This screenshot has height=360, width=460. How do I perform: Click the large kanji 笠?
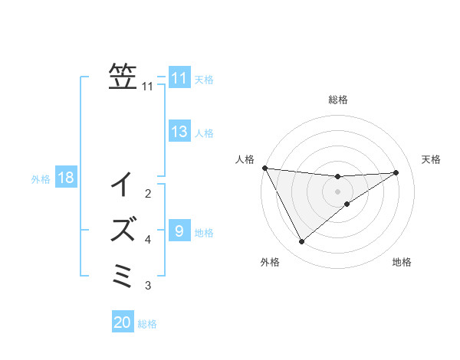tap(123, 77)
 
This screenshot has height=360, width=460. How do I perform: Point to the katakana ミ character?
tap(123, 274)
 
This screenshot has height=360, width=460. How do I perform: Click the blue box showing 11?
tap(179, 78)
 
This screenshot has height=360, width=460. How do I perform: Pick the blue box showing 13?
tap(179, 132)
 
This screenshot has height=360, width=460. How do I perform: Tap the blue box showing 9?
tap(179, 231)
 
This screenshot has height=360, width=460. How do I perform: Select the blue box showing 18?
tap(66, 178)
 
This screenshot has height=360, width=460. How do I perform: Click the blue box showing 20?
tap(123, 322)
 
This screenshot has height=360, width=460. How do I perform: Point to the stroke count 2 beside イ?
tap(148, 193)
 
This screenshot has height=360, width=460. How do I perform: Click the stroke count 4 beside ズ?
tap(148, 240)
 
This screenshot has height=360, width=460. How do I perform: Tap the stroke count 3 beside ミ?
tap(148, 286)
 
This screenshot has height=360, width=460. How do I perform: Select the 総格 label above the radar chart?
tap(337, 100)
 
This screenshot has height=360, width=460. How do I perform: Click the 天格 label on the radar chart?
tap(432, 159)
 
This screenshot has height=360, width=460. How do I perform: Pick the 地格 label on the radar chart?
tap(402, 262)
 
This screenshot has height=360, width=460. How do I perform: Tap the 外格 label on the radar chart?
tap(270, 262)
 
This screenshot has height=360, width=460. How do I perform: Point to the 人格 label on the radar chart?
tap(245, 159)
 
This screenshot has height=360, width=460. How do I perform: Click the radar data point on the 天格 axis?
tap(396, 172)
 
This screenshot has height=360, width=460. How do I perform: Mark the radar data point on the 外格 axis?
tap(301, 242)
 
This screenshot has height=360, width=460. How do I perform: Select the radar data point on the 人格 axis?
tap(264, 168)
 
